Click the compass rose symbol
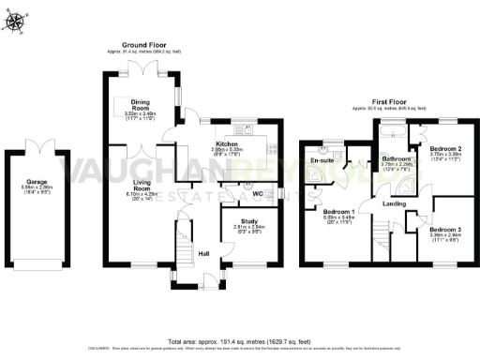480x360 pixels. (15, 20)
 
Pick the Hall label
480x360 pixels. (203, 253)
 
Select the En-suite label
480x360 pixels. (323, 160)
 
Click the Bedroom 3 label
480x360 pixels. (445, 230)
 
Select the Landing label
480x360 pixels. (395, 203)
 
